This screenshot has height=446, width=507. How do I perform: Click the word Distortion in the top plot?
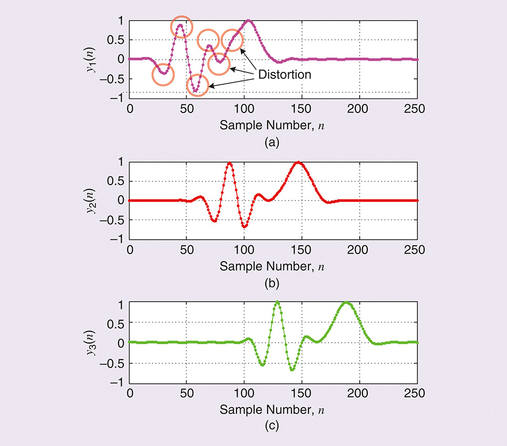pyautogui.click(x=284, y=75)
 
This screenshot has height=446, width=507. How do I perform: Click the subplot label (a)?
pyautogui.click(x=273, y=142)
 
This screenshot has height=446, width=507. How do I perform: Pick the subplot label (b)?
pyautogui.click(x=273, y=283)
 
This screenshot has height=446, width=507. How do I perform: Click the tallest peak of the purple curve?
pyautogui.click(x=248, y=21)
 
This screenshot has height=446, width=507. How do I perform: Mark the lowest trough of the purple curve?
pyautogui.click(x=197, y=90)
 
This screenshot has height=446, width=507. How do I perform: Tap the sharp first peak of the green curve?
pyautogui.click(x=277, y=303)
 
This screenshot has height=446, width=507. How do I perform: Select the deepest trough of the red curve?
pyautogui.click(x=244, y=227)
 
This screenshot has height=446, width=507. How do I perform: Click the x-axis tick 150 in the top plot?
pyautogui.click(x=302, y=107)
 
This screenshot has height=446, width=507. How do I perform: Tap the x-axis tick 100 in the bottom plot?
pyautogui.click(x=244, y=391)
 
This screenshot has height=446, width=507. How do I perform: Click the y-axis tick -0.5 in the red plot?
pyautogui.click(x=118, y=220)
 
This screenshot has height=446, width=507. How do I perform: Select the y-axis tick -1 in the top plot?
pyautogui.click(x=120, y=98)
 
